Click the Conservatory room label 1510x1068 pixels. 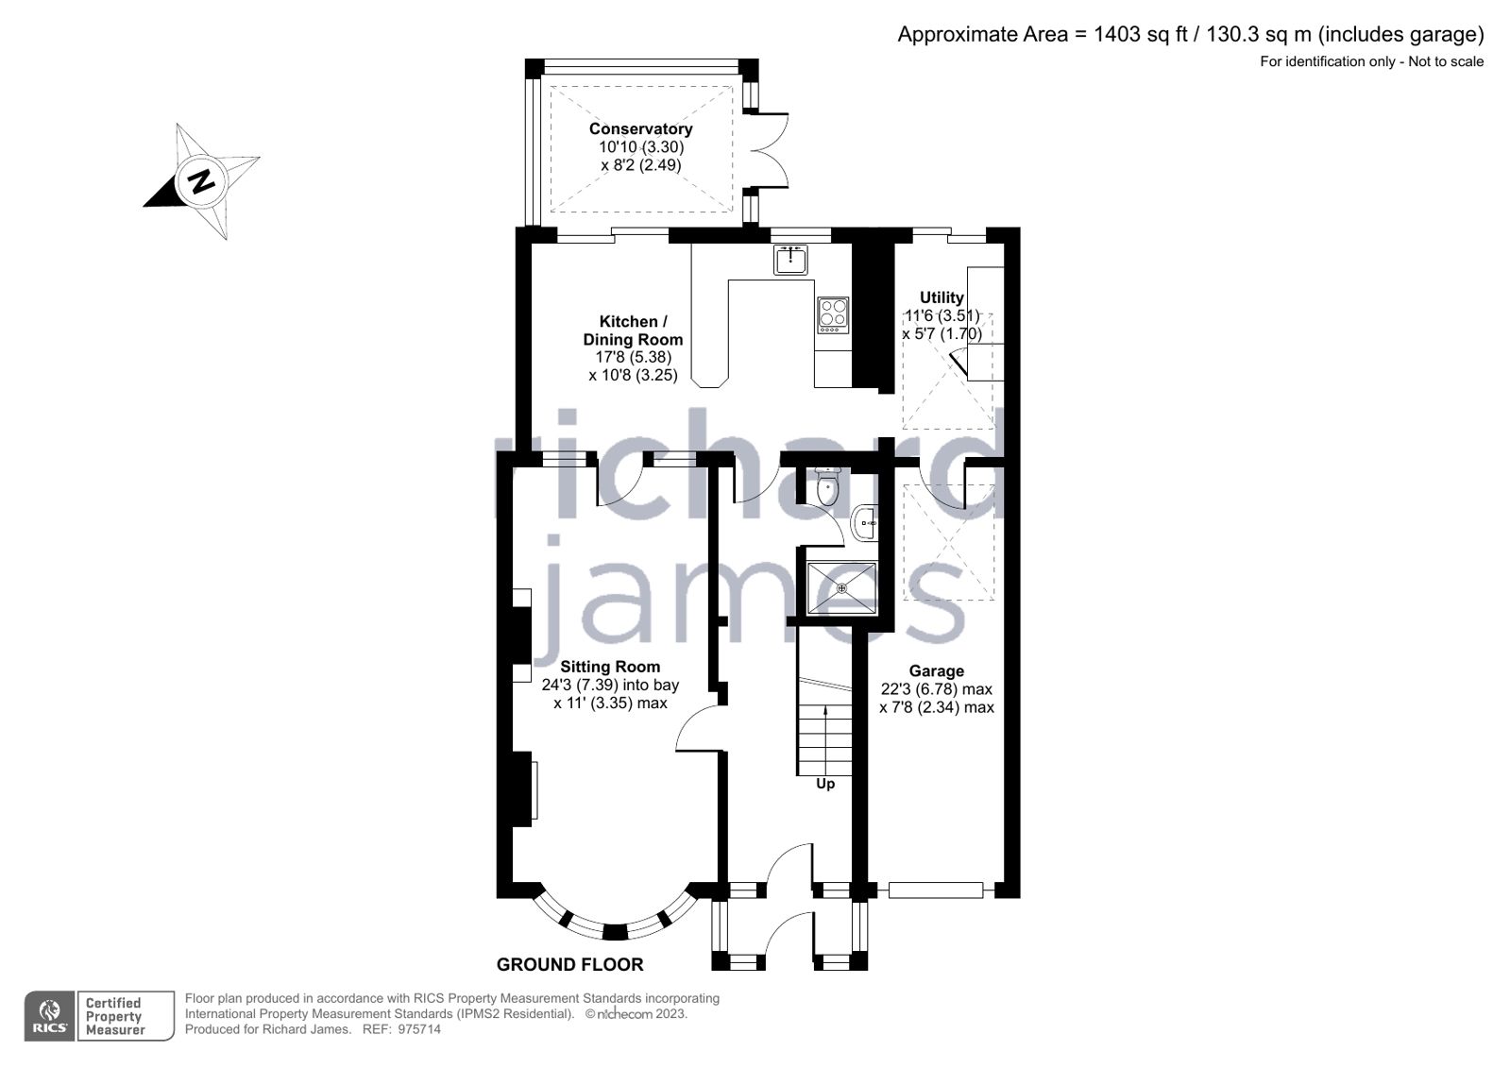click(640, 129)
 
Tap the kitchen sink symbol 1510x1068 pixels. click(790, 259)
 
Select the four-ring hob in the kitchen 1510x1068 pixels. click(833, 314)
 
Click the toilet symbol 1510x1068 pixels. click(826, 488)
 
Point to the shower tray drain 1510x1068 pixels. click(842, 587)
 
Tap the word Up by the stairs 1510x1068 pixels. click(825, 784)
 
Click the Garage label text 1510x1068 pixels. click(936, 671)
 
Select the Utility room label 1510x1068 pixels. click(942, 297)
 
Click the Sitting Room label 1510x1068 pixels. click(610, 667)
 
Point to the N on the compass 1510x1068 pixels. click(200, 180)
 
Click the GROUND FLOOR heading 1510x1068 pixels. click(569, 964)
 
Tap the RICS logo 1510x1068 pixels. click(49, 1016)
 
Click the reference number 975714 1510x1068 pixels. click(418, 1029)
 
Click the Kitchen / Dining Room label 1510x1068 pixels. click(633, 331)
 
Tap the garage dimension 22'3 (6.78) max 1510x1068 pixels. click(936, 689)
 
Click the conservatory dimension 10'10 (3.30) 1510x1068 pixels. click(640, 147)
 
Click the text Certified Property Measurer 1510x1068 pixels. click(114, 1016)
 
